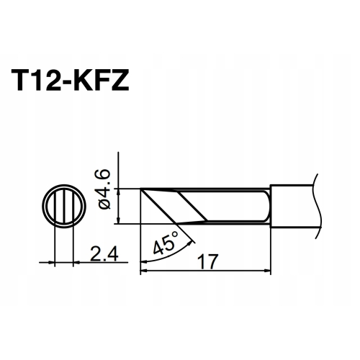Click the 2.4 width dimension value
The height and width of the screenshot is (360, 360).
point(98,253)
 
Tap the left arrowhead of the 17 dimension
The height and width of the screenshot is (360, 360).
point(143,271)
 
